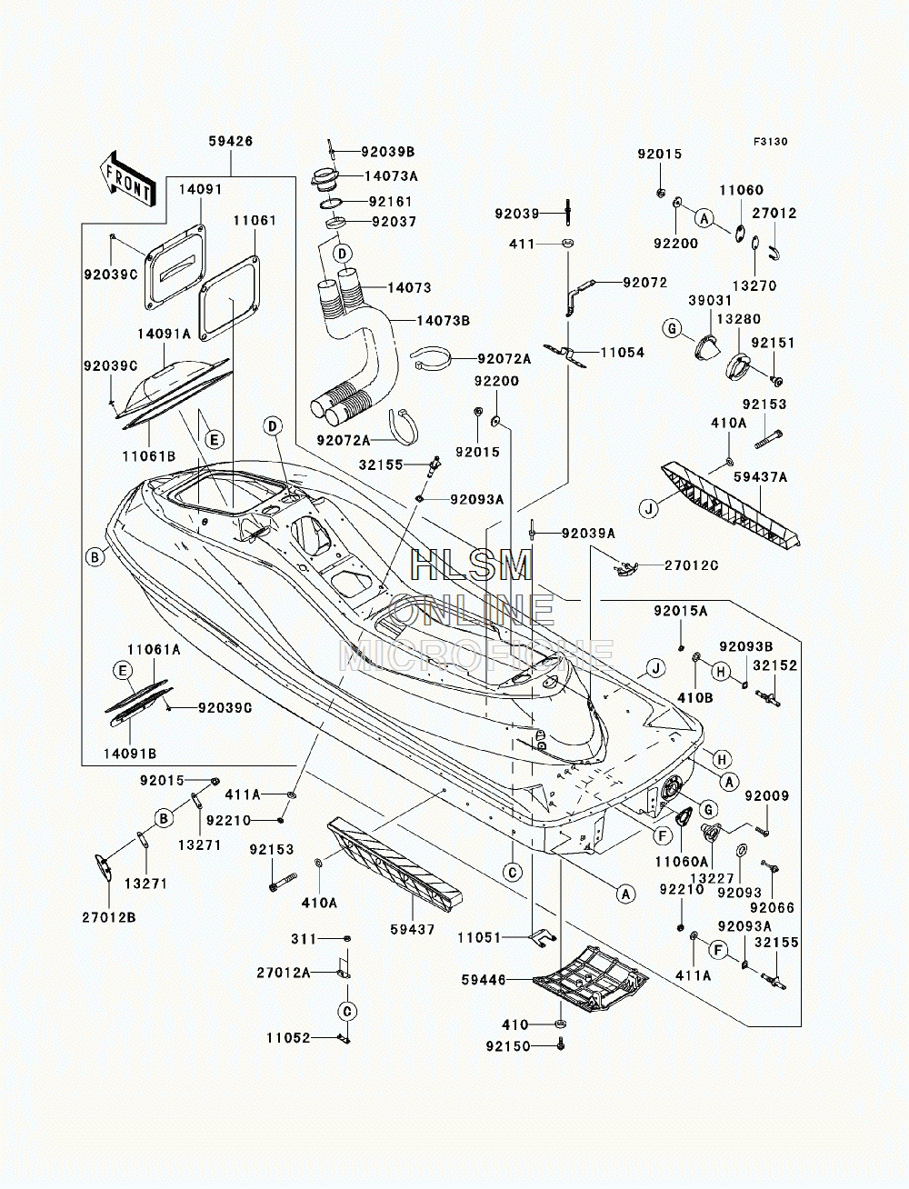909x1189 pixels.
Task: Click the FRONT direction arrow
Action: (x=127, y=179)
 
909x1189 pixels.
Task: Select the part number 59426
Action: (x=231, y=142)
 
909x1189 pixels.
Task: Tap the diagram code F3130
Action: (x=770, y=142)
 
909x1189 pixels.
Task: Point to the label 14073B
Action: (x=443, y=321)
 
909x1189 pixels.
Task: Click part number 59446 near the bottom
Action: (x=484, y=980)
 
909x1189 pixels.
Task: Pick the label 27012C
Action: (x=692, y=565)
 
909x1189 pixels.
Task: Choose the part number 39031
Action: (x=710, y=300)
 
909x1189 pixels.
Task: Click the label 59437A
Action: (x=761, y=477)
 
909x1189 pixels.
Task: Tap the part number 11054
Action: (x=623, y=353)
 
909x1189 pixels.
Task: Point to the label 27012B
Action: (x=109, y=917)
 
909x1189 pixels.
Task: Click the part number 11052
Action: (x=288, y=1038)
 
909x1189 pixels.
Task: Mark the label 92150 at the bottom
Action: (x=508, y=1046)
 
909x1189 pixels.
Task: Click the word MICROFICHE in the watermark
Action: (x=476, y=655)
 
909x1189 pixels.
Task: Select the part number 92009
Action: (x=767, y=795)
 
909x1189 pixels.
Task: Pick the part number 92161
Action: (x=391, y=202)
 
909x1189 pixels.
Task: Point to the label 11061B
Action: (x=149, y=456)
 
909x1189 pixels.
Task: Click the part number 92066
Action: (x=772, y=907)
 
